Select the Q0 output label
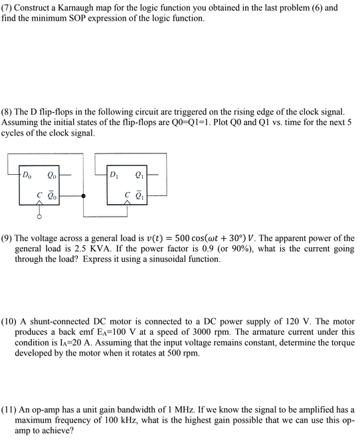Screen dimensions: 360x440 tap(52, 176)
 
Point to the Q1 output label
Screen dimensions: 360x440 tap(138, 176)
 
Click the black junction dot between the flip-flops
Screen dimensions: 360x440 tap(83, 197)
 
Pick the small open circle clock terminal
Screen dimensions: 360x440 tap(40, 217)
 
